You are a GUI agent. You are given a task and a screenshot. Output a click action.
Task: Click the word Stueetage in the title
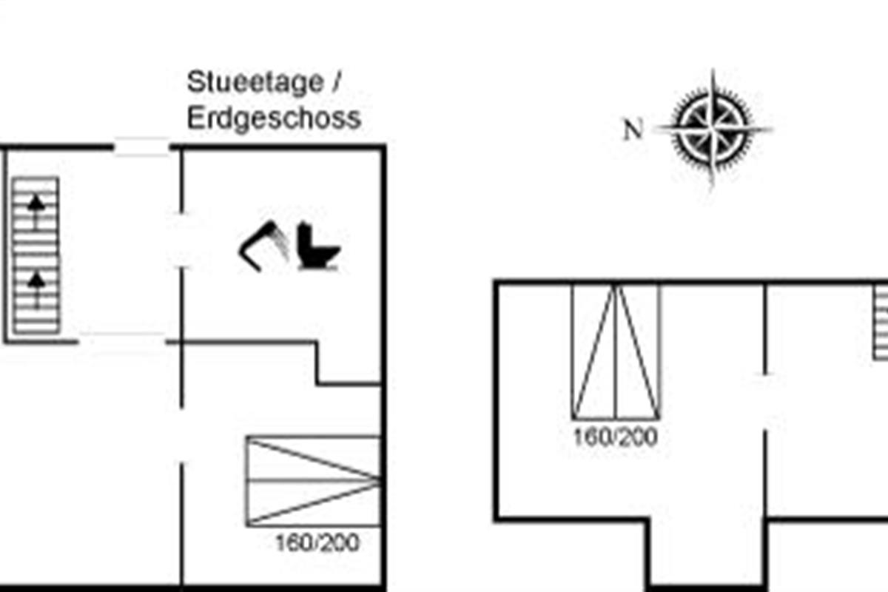pyautogui.click(x=255, y=83)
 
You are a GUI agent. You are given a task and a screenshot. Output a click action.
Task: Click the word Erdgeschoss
pyautogui.click(x=274, y=118)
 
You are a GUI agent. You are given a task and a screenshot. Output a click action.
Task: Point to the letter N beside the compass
pyautogui.click(x=633, y=131)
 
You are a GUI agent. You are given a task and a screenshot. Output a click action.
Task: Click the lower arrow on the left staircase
pyautogui.click(x=36, y=287)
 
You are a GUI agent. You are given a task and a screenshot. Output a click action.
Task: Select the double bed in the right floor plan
pyautogui.click(x=616, y=351)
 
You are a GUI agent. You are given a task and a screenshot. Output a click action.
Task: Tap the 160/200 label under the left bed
pyautogui.click(x=317, y=543)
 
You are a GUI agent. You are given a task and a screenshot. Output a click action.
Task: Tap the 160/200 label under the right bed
pyautogui.click(x=615, y=437)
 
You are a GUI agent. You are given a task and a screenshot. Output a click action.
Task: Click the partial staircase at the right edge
pyautogui.click(x=880, y=323)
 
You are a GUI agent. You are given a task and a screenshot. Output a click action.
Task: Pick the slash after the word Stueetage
pyautogui.click(x=336, y=83)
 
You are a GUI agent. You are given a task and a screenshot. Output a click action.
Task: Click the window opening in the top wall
pyautogui.click(x=142, y=147)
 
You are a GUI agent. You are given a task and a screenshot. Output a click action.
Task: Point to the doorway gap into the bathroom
pyautogui.click(x=181, y=240)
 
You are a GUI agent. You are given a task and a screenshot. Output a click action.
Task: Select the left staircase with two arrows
pyautogui.click(x=36, y=255)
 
